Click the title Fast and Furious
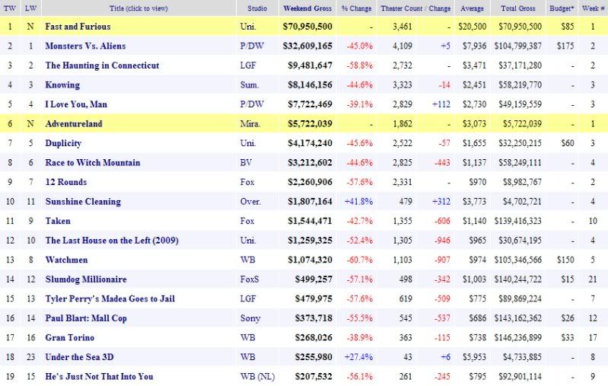pos(78,27)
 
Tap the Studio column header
pos(257,8)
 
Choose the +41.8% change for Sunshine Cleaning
pos(356,202)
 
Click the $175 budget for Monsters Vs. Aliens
pos(561,46)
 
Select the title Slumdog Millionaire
pos(86,279)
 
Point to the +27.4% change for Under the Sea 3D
pos(356,357)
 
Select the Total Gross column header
pos(520,8)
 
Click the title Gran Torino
pos(69,337)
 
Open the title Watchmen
pos(64,260)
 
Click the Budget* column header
pos(561,8)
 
